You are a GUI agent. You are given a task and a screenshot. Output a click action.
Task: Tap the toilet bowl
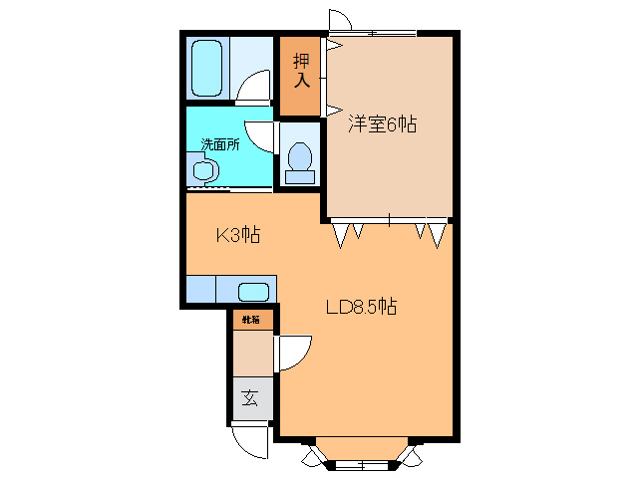[x=299, y=157]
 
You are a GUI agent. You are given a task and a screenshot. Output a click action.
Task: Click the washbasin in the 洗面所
[x=203, y=170]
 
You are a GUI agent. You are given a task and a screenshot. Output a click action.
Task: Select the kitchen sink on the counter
[x=254, y=292]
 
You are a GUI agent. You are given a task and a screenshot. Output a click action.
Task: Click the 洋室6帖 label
[x=382, y=124]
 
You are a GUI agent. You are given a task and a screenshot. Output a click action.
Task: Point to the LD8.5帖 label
[x=361, y=307]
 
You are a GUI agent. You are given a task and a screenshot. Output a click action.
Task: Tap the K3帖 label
[x=239, y=236]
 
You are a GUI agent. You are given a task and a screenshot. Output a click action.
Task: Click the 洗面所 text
[x=220, y=143]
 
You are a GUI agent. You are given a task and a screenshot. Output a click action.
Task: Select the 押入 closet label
[x=302, y=70]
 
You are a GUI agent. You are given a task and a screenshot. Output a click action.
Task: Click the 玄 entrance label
[x=250, y=399]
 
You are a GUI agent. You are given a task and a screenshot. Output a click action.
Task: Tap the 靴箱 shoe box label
[x=249, y=320]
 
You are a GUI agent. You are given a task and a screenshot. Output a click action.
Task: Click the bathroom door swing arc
[x=255, y=90]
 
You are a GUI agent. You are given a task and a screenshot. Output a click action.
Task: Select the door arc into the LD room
[x=295, y=353]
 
